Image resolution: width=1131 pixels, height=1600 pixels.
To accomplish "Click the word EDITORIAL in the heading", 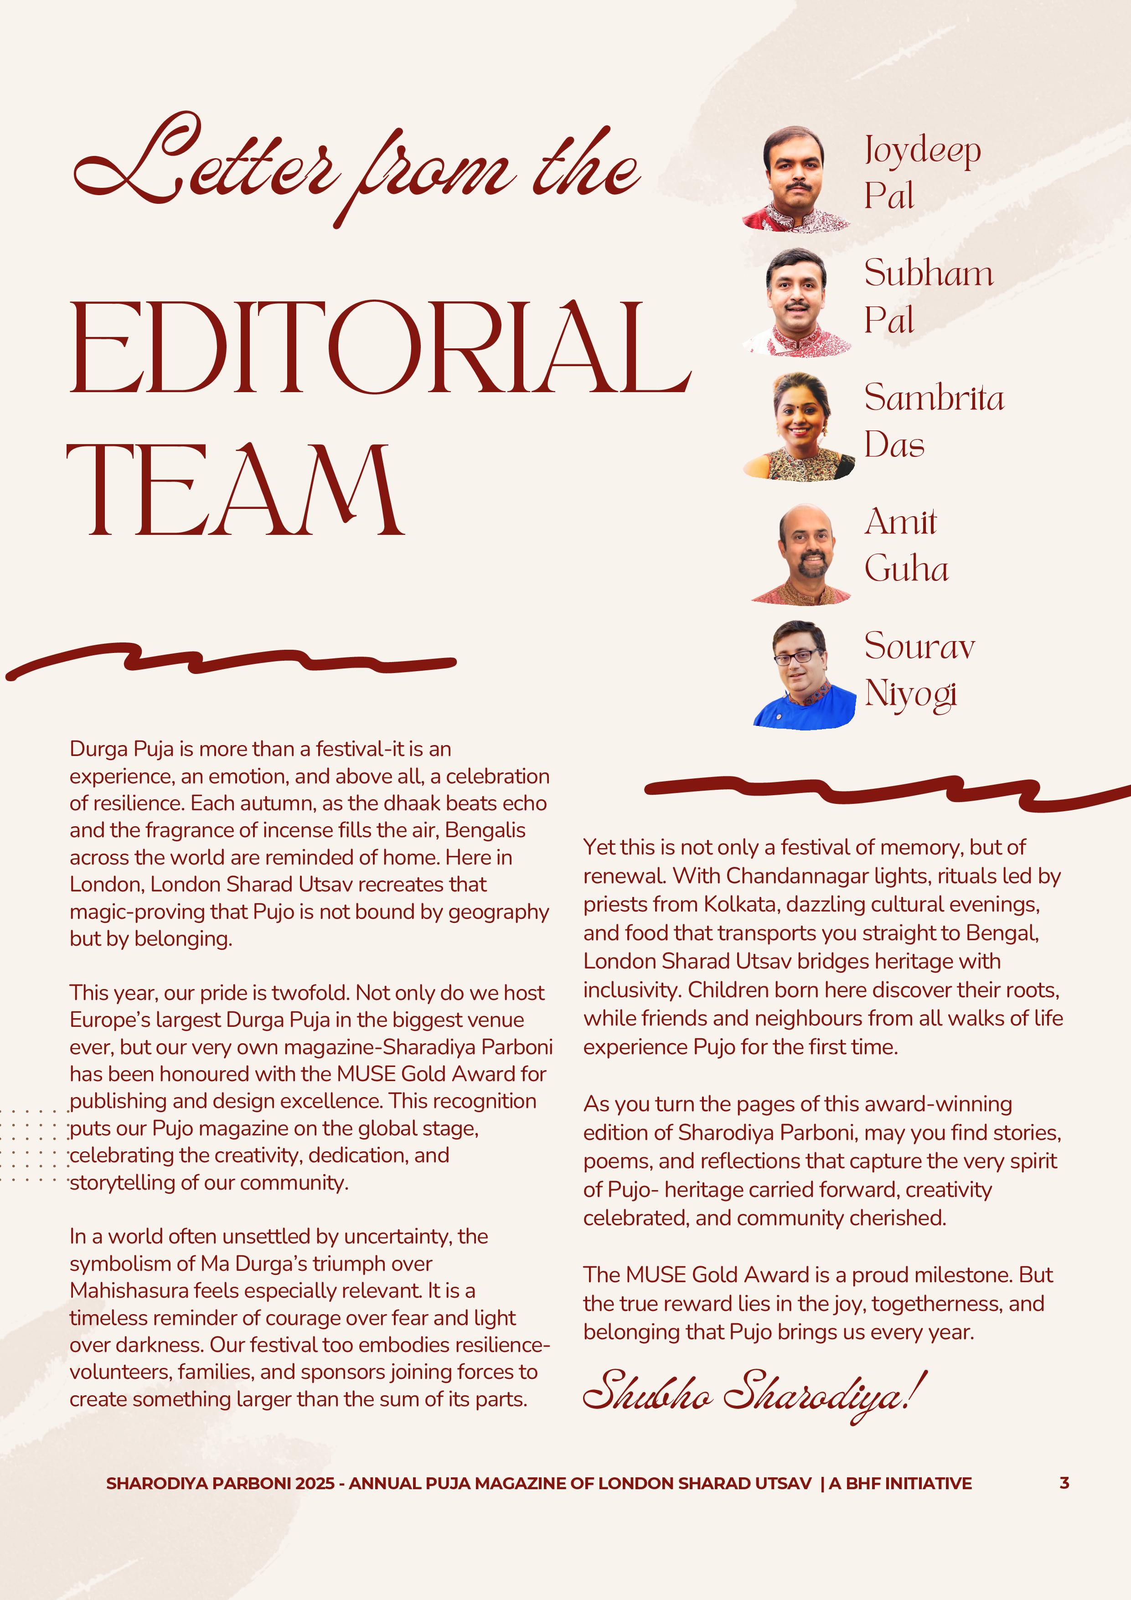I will pos(380,348).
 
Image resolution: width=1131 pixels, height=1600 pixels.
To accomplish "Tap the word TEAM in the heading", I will pos(236,491).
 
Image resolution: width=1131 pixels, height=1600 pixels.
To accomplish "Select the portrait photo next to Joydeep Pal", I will pos(796,179).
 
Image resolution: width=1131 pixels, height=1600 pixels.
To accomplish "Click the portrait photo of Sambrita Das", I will pos(800,426).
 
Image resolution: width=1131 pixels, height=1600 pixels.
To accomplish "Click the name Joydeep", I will pos(922,150).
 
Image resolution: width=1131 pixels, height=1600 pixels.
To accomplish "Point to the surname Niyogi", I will pos(910,694).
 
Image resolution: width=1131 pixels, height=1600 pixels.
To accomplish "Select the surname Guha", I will pos(906,570).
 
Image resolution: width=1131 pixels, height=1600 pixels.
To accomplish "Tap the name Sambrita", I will pos(934,398).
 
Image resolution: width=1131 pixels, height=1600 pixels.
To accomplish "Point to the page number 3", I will pos(1064,1483).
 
